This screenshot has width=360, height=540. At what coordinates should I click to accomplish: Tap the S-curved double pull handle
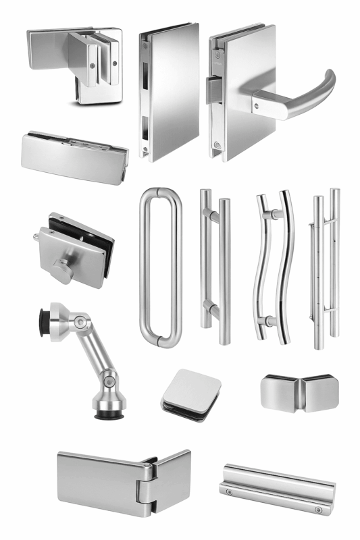tap(272, 267)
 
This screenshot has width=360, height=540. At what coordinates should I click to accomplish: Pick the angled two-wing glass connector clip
tap(295, 391)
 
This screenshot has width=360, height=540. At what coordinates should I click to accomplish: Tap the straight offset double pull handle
tap(215, 267)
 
